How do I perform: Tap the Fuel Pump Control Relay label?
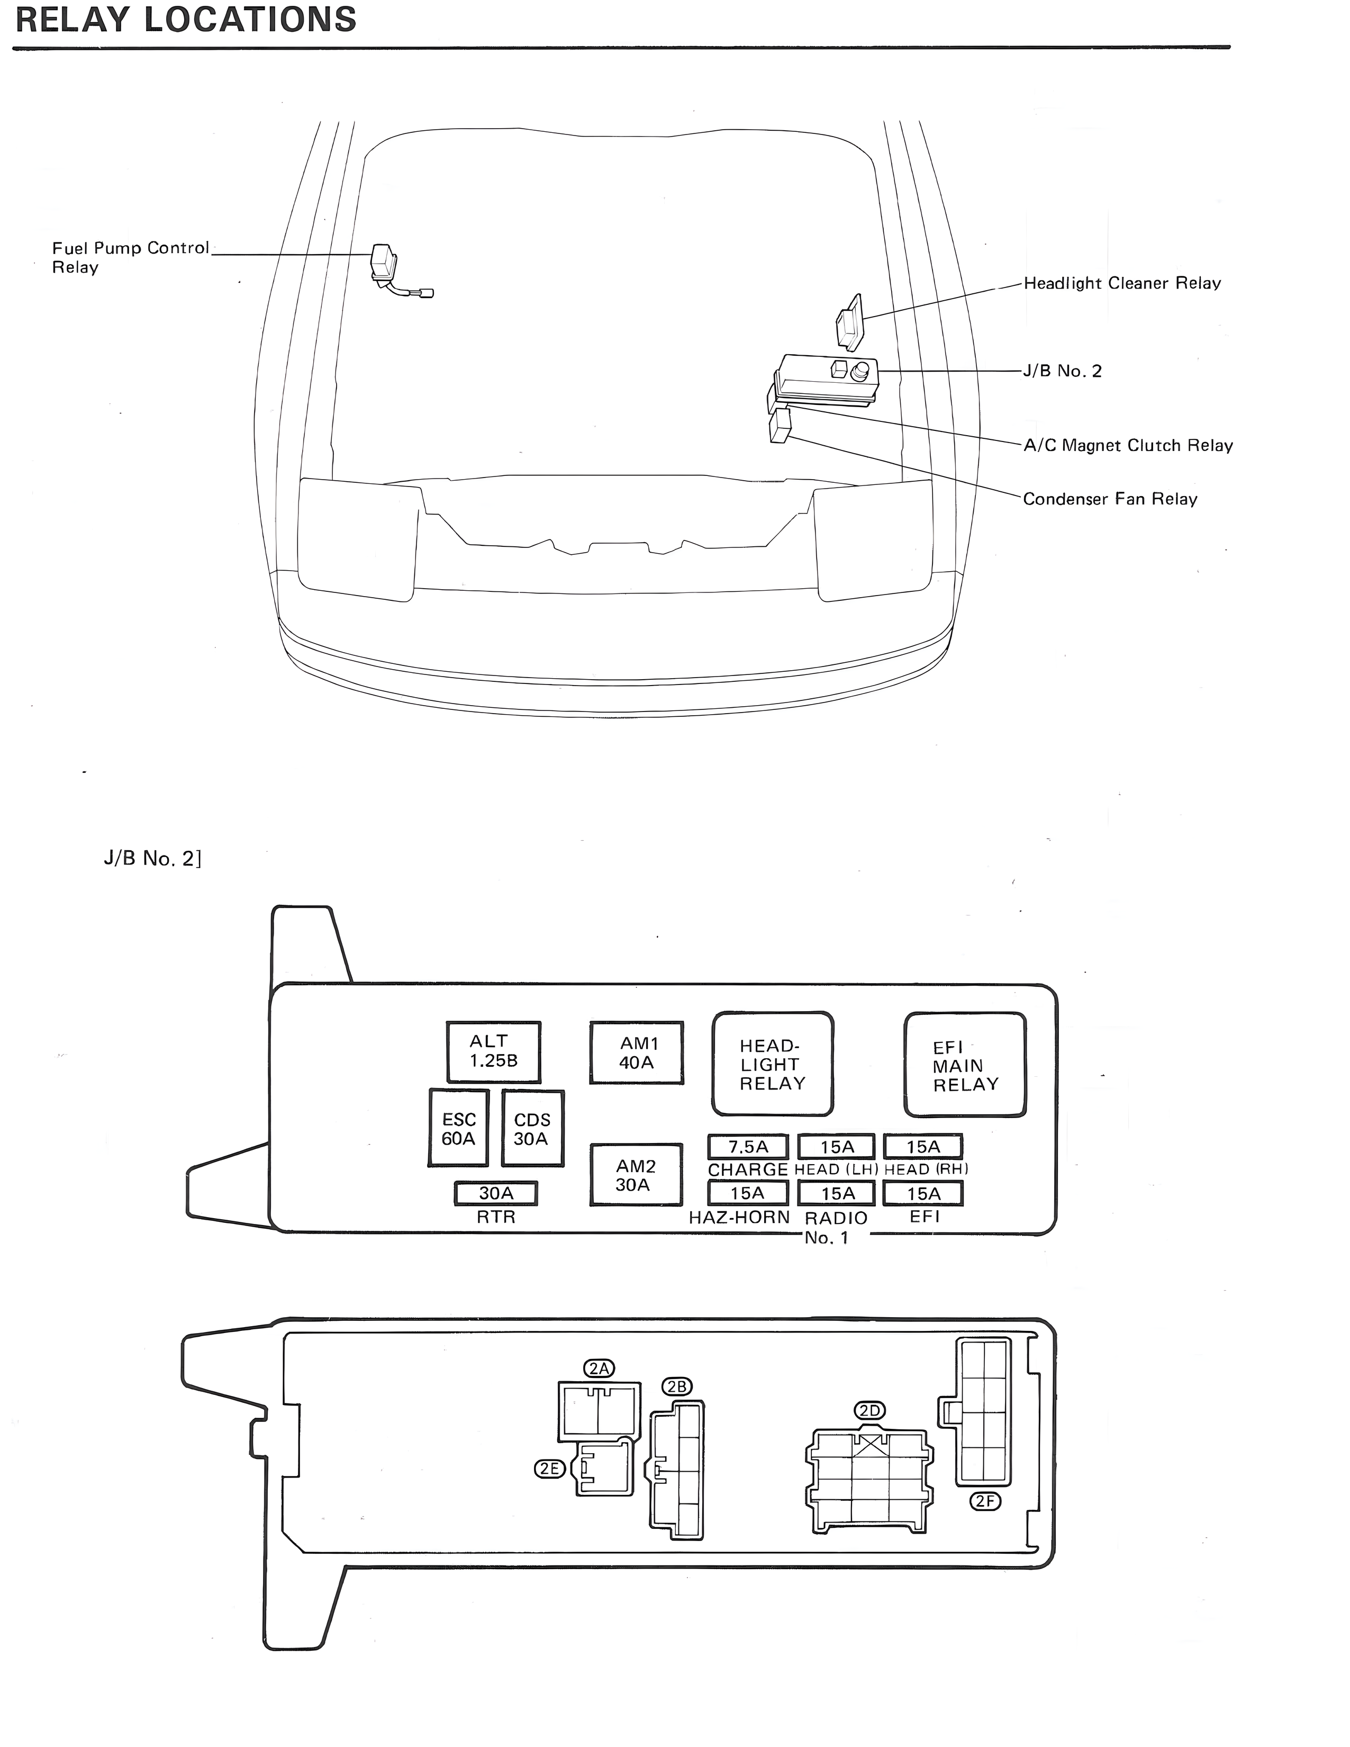pyautogui.click(x=130, y=258)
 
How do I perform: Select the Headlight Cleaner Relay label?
pyautogui.click(x=1121, y=283)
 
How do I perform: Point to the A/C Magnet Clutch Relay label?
pyautogui.click(x=1128, y=446)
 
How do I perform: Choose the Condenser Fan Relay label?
pyautogui.click(x=1109, y=499)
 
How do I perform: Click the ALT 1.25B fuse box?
pyautogui.click(x=493, y=1051)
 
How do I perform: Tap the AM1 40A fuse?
pyautogui.click(x=637, y=1052)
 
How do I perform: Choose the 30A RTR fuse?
pyautogui.click(x=496, y=1193)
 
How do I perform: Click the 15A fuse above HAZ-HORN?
pyautogui.click(x=748, y=1193)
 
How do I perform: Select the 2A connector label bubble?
pyautogui.click(x=599, y=1368)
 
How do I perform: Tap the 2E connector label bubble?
pyautogui.click(x=549, y=1469)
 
